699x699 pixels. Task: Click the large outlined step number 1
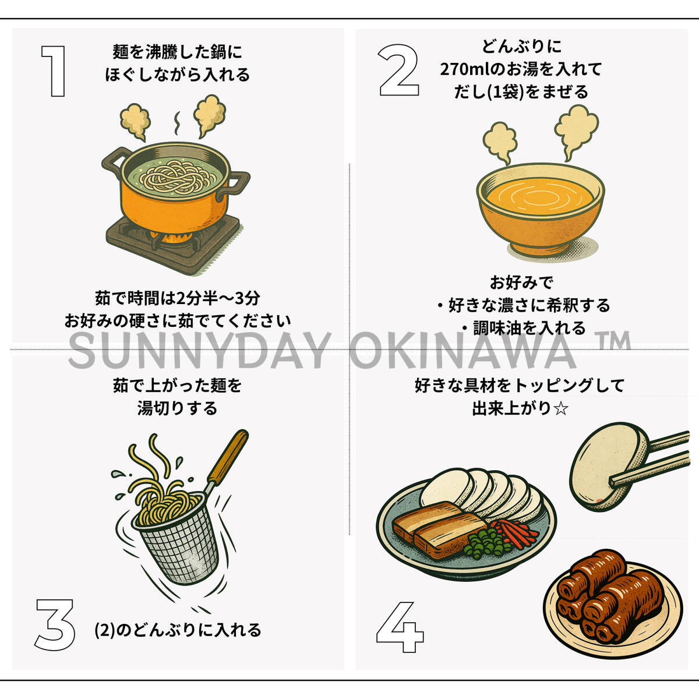point(54,71)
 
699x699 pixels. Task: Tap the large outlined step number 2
point(398,70)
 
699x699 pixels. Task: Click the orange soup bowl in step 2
point(540,209)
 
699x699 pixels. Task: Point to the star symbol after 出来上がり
point(561,409)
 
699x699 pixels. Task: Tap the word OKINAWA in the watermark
point(463,351)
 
